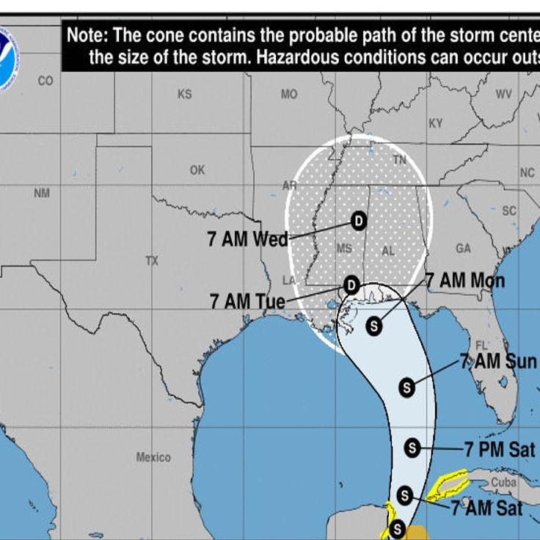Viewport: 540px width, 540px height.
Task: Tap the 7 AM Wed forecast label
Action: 247,239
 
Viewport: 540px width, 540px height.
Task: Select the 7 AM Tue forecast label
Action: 247,301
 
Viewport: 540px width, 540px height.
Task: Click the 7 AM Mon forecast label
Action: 465,281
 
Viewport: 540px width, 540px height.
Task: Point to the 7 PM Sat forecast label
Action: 500,449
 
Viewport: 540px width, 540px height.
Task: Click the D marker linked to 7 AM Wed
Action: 359,219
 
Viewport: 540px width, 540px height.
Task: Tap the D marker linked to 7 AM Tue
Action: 351,284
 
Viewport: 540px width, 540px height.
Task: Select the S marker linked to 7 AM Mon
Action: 374,326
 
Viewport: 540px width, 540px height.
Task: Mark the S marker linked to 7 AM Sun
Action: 407,387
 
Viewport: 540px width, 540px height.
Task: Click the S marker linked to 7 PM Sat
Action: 412,447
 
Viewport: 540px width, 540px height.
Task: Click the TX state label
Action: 152,260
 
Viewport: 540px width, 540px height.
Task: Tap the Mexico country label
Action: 153,457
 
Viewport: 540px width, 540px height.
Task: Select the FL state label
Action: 482,346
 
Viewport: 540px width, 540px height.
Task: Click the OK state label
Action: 197,169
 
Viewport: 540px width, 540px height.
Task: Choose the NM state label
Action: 42,193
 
